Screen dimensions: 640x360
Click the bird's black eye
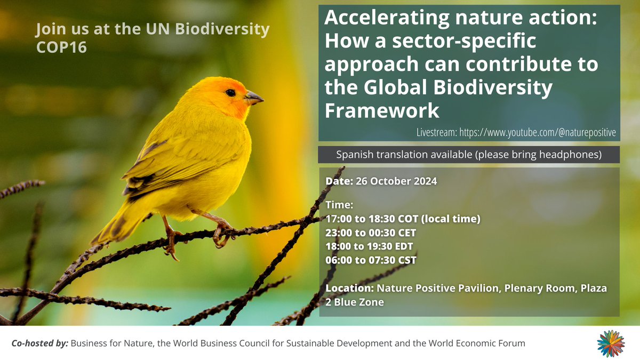point(230,93)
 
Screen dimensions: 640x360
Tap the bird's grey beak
point(254,98)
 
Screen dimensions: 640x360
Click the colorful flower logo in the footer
point(611,343)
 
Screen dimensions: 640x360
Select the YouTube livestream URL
point(538,132)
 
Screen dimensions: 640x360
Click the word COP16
point(61,47)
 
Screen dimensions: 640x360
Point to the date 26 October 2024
point(396,181)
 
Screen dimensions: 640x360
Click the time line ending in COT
point(403,219)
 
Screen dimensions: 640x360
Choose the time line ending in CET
point(371,233)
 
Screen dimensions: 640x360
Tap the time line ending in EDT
point(369,246)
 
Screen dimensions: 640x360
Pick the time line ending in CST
point(371,260)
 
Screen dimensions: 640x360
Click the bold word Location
point(349,288)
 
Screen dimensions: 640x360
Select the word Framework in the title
point(382,110)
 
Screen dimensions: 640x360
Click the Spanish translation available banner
point(469,155)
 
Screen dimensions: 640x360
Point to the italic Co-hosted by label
point(39,343)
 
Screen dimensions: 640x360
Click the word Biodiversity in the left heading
point(222,29)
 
